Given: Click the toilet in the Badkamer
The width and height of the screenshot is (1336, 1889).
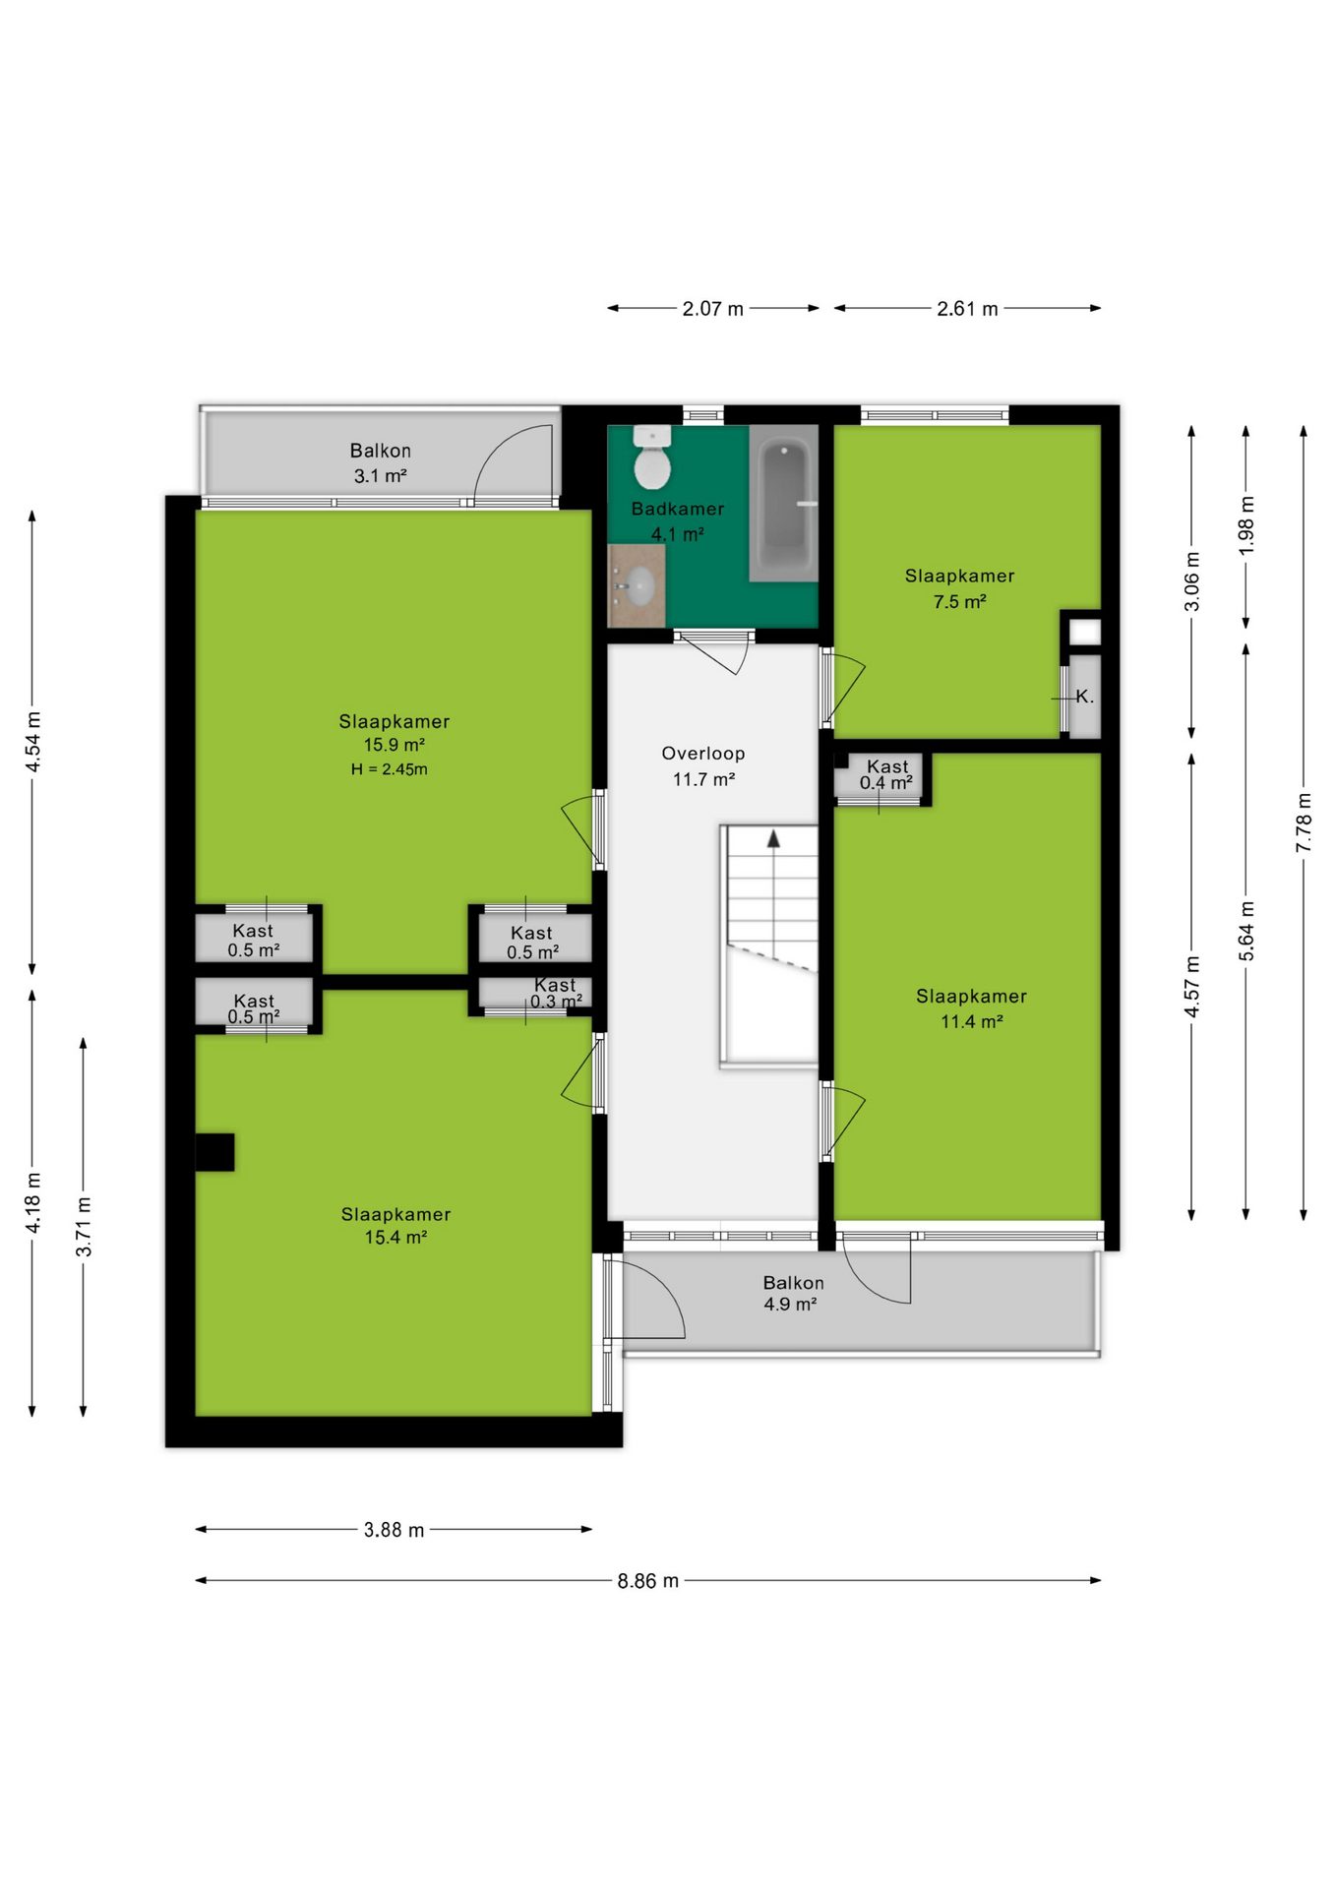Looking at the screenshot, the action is [651, 457].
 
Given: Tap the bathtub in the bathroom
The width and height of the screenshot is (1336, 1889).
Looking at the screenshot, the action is [784, 503].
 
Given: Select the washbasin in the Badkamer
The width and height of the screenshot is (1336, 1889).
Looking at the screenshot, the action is [637, 586].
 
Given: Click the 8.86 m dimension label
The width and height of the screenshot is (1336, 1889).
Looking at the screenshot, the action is [648, 1580].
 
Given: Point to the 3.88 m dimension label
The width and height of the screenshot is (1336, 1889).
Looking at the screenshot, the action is [394, 1529].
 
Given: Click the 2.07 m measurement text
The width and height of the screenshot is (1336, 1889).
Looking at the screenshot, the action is [713, 308].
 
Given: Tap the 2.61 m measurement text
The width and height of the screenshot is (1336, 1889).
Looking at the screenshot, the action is [967, 308].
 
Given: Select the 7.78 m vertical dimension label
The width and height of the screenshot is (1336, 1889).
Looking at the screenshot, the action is [1304, 823].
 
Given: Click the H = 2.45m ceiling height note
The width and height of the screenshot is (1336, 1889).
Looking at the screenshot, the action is [390, 769].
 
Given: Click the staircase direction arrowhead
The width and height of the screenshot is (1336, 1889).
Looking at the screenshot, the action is [774, 838].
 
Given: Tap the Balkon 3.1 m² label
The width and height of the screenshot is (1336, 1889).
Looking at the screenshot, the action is [381, 462].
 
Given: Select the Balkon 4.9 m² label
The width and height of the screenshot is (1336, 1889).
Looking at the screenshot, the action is [793, 1293].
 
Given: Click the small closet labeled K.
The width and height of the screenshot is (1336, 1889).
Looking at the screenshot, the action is [1084, 696].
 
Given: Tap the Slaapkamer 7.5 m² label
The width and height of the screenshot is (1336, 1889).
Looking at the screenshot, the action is [959, 588].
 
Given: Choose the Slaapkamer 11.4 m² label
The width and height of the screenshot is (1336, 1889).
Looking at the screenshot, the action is [971, 1008].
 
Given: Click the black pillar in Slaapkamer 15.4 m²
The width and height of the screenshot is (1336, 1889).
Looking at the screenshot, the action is [214, 1152].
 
